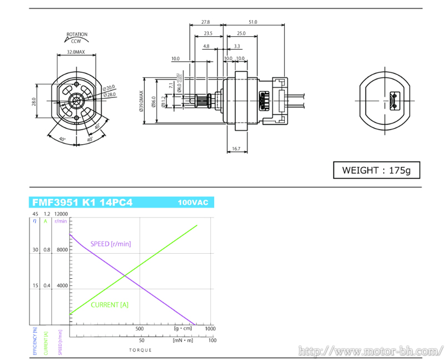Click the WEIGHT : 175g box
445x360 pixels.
(x=376, y=170)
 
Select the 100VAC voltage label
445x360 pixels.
(x=192, y=203)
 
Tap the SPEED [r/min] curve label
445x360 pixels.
(x=111, y=244)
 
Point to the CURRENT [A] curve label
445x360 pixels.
(x=109, y=304)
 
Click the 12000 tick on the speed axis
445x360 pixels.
(x=61, y=214)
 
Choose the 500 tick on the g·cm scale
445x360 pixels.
(x=141, y=329)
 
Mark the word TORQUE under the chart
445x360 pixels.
(x=140, y=351)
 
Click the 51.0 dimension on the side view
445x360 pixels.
(x=253, y=22)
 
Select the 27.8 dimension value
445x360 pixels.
(x=206, y=22)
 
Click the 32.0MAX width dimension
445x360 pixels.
(x=76, y=52)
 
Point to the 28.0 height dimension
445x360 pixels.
(x=34, y=102)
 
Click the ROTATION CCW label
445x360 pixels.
(x=77, y=37)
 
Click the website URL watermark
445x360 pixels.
(x=370, y=351)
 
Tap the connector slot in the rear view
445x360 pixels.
(x=395, y=101)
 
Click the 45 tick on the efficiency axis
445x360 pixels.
(x=35, y=214)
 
